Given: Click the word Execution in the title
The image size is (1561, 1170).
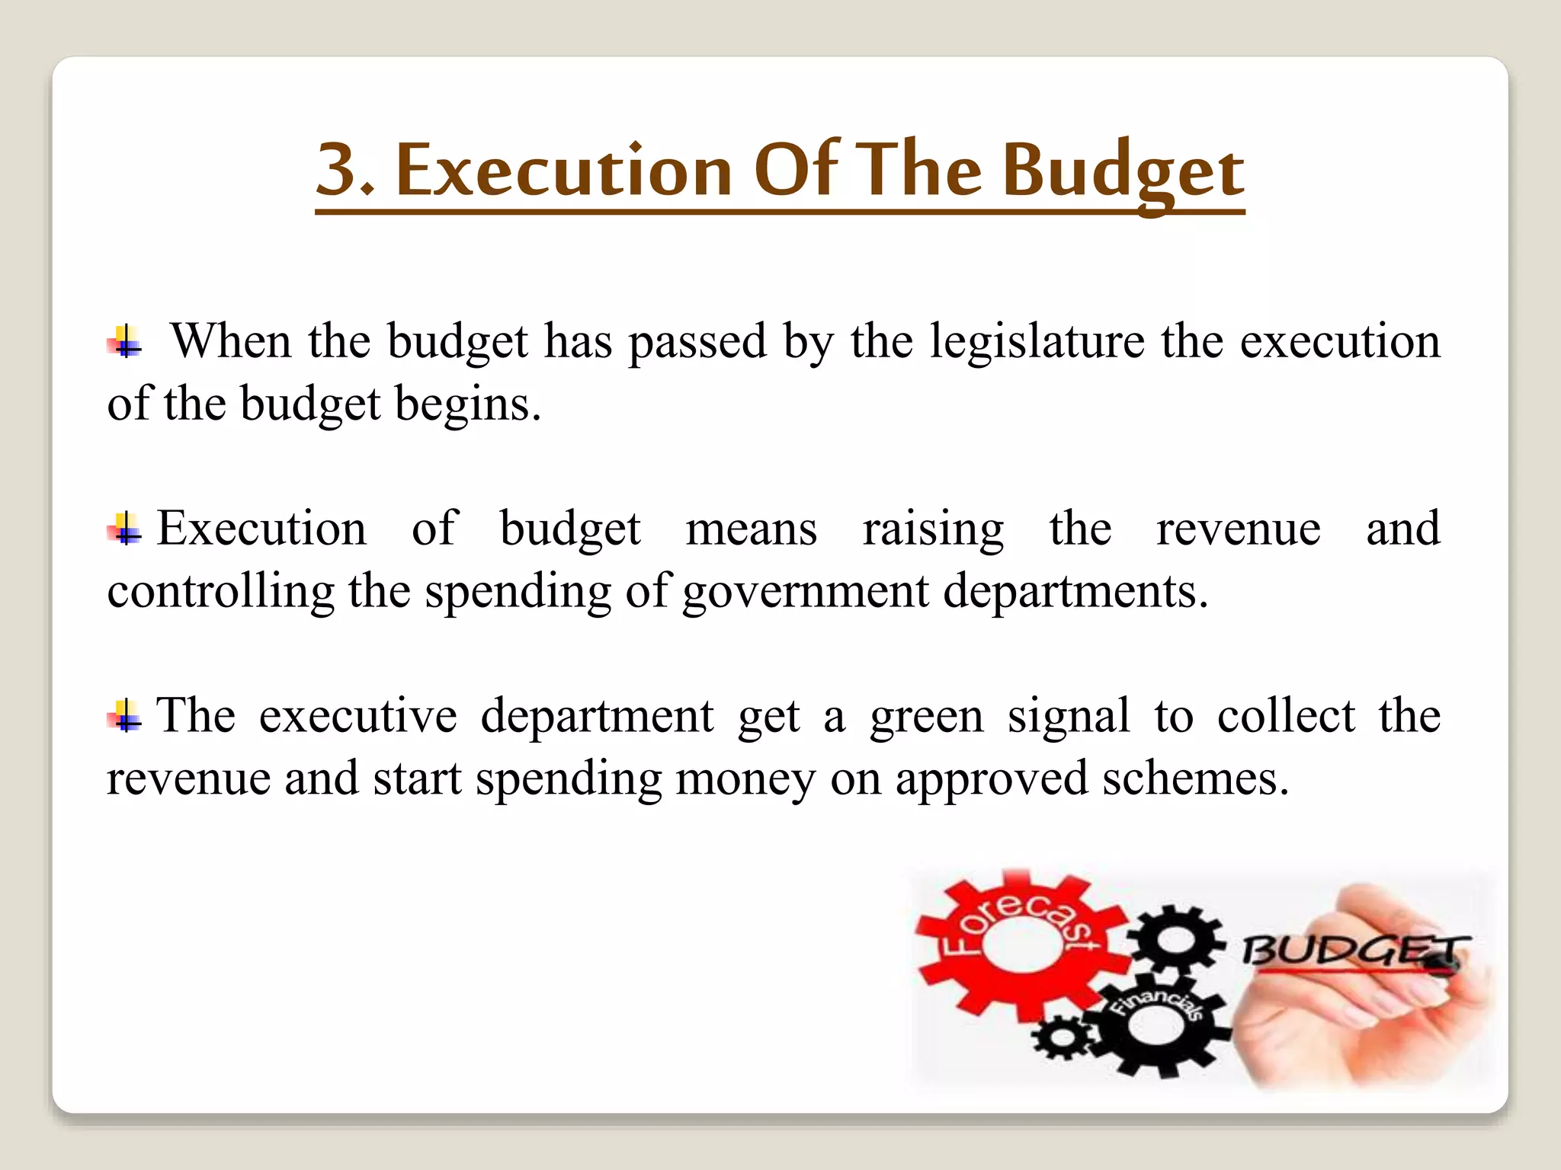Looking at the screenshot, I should tap(564, 169).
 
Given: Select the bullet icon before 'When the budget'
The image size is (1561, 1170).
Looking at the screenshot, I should tap(124, 341).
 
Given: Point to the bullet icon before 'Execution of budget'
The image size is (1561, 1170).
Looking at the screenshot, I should tap(124, 528).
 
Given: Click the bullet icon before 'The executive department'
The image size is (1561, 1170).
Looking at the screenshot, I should tap(124, 715).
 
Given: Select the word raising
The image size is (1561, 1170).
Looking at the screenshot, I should tap(933, 529).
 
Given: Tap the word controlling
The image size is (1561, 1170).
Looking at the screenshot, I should tap(220, 591).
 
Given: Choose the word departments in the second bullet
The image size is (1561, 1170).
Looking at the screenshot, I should tap(1075, 591).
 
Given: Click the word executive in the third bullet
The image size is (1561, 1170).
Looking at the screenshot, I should tap(357, 716).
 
